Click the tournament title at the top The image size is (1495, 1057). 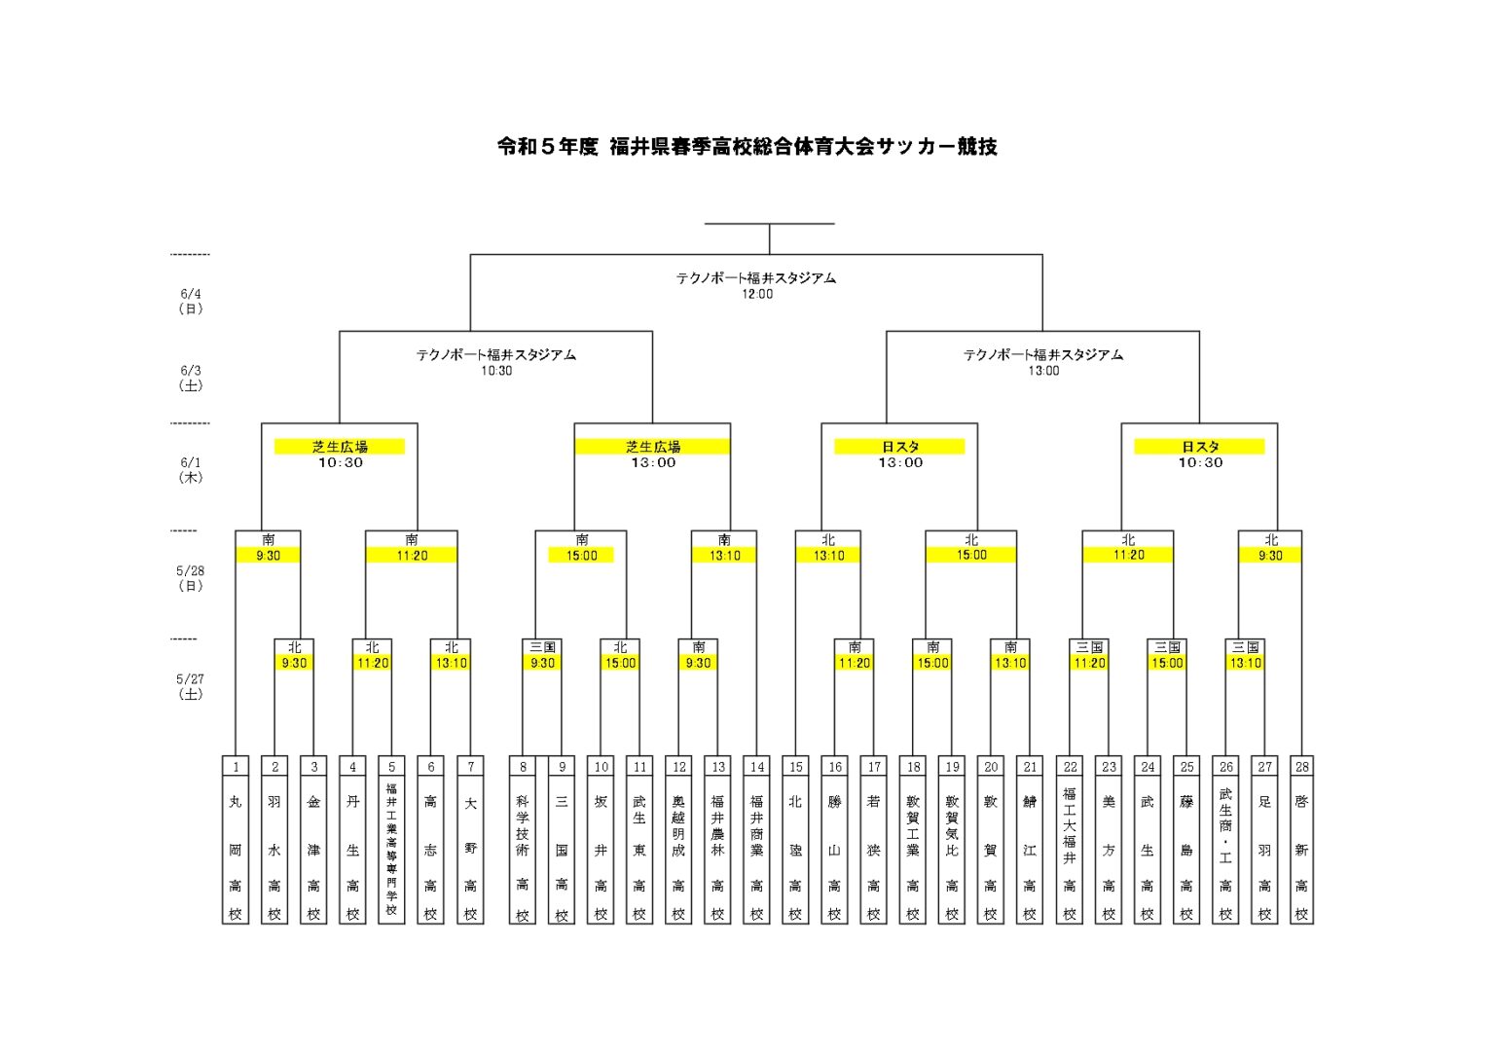747,147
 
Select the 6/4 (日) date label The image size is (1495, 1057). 191,301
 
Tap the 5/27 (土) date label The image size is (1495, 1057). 191,686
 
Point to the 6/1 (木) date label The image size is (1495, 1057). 191,470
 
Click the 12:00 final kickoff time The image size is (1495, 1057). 756,294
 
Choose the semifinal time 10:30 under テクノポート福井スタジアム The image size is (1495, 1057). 496,371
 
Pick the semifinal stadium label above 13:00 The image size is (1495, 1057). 1042,355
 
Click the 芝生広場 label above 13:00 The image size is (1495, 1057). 652,447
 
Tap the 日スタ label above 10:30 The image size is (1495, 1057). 1199,447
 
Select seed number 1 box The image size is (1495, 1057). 236,767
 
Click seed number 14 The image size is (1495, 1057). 756,767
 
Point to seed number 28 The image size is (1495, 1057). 1301,767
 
